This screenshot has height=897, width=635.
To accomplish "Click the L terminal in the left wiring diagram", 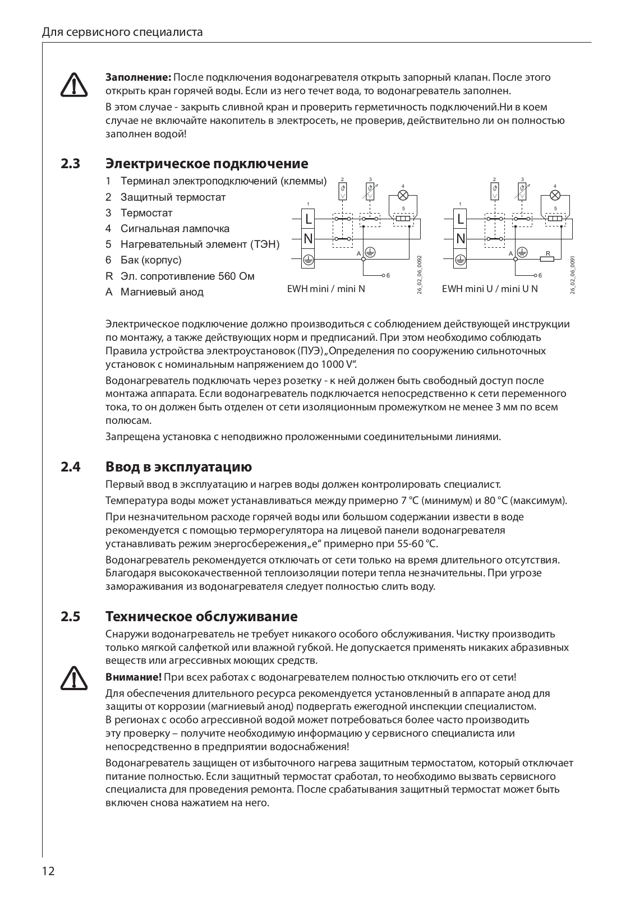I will (x=308, y=219).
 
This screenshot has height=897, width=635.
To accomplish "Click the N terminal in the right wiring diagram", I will (x=461, y=239).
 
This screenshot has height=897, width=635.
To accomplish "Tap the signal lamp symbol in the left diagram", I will (x=403, y=195).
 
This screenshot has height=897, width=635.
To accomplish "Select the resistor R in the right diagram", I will (x=547, y=258).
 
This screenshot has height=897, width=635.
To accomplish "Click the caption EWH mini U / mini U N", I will (x=490, y=289).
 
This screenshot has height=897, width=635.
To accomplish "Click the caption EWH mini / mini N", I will (x=326, y=289).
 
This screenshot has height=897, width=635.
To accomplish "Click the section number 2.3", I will (x=71, y=164).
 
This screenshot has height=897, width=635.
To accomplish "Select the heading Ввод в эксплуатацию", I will (x=178, y=467).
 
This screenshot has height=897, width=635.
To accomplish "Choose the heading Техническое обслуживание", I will (x=201, y=617).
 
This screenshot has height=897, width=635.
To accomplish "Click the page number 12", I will (x=48, y=871).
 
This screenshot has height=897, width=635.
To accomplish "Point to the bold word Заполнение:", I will (x=139, y=77).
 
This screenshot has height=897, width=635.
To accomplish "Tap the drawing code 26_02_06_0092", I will (x=420, y=275).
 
